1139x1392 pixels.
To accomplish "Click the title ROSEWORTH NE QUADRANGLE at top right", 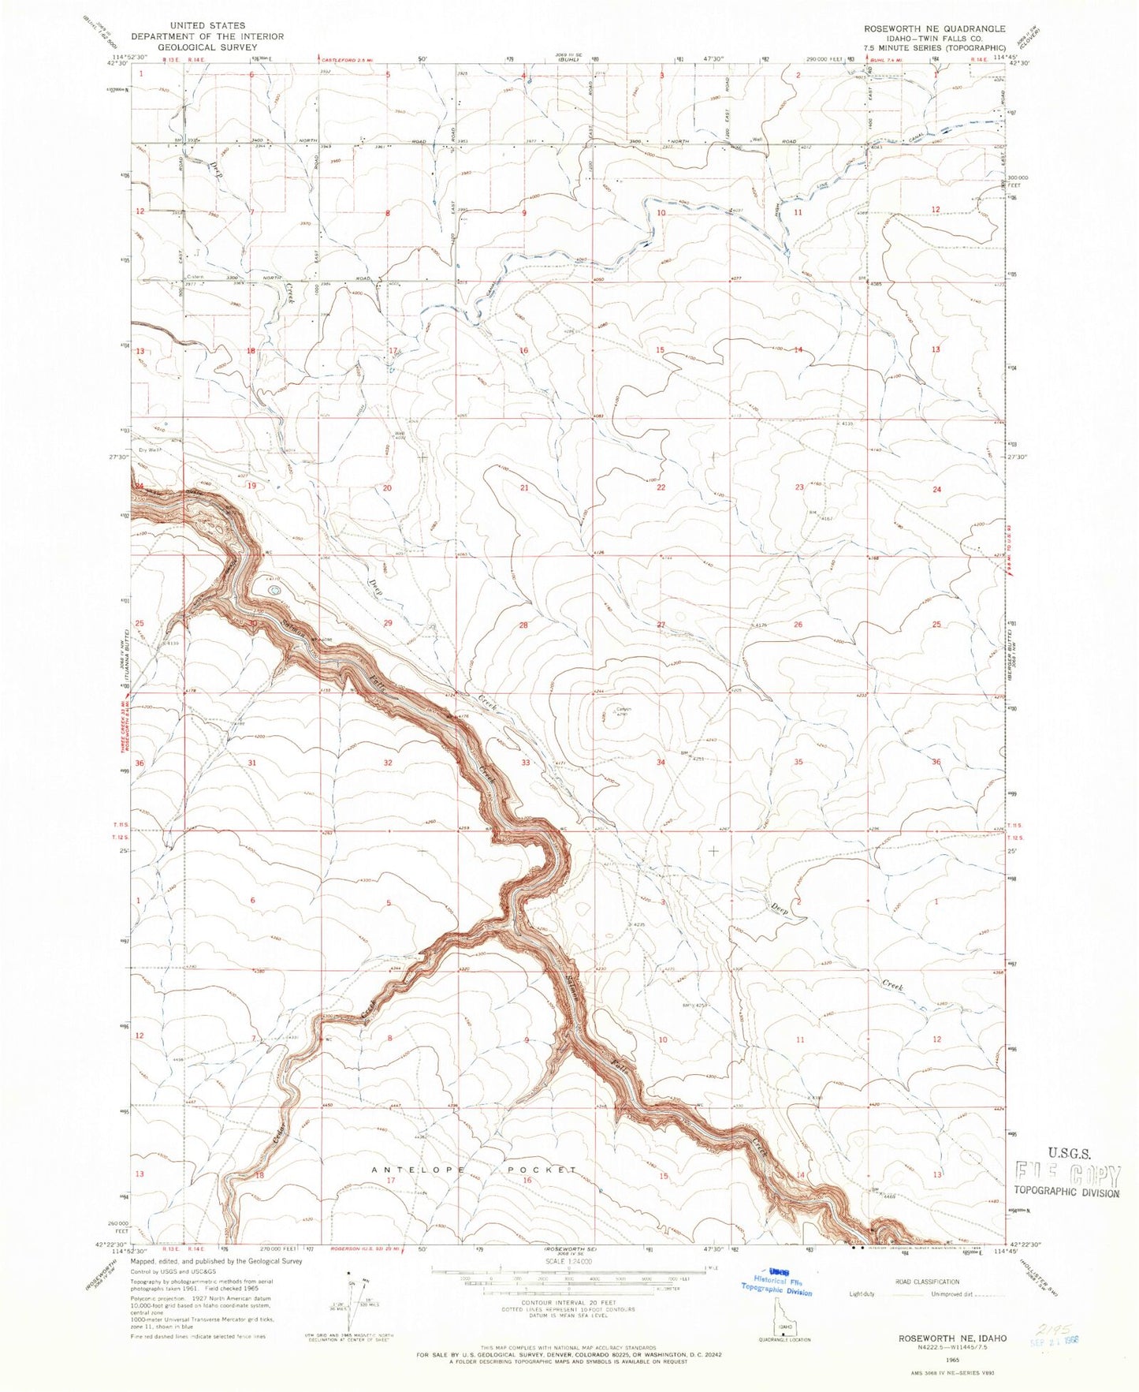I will (x=934, y=28).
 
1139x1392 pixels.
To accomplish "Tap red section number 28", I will (x=523, y=625).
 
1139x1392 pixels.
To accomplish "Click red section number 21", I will (x=524, y=488).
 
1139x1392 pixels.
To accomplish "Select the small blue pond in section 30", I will (x=274, y=588).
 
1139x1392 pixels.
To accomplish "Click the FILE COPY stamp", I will (x=1067, y=1176).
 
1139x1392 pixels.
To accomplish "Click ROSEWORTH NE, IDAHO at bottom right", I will (x=934, y=1339).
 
